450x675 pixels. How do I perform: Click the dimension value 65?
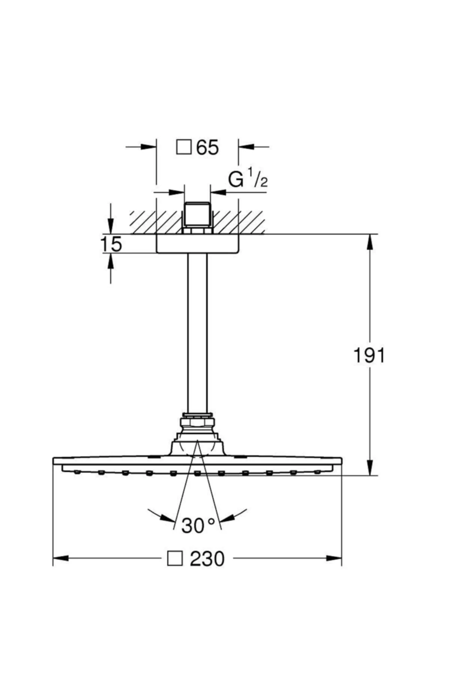[207, 147]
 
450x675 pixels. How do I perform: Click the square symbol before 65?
[183, 147]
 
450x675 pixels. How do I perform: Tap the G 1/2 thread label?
[248, 180]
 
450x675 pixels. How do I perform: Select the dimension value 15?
[111, 244]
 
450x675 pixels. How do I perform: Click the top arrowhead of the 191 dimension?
[370, 242]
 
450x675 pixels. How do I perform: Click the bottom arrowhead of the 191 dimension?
[370, 468]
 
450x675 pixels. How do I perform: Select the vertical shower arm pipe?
[198, 334]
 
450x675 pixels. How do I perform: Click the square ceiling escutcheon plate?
[198, 244]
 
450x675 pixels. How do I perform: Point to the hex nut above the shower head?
[197, 423]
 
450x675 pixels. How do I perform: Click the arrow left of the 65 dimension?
[148, 147]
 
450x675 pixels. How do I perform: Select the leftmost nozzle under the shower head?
[77, 471]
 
